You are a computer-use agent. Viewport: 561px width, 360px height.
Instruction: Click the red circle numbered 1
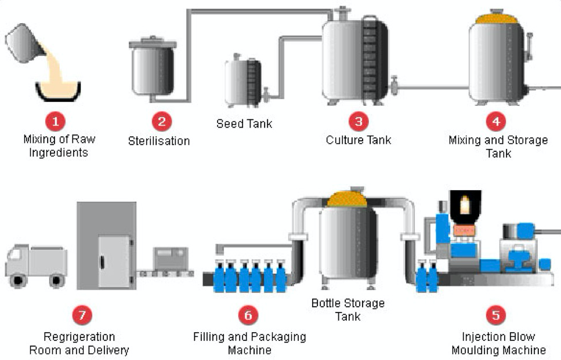pos(56,122)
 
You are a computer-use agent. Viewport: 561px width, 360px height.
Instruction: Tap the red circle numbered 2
pos(162,122)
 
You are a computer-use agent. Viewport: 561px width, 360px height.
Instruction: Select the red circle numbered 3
pos(359,122)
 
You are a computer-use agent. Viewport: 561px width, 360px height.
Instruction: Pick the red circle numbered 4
pos(496,122)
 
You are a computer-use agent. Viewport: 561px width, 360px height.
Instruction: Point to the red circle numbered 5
pos(496,315)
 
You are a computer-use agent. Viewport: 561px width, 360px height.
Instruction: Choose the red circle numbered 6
pos(248,315)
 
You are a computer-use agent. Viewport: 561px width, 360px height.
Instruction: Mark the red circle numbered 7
pos(82,315)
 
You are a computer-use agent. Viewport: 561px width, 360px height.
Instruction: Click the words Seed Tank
pos(244,123)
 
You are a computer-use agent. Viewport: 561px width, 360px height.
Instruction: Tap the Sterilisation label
pos(159,141)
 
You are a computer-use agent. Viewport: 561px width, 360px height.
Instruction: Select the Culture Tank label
pos(359,140)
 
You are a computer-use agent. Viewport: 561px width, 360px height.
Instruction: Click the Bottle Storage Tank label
pos(348,310)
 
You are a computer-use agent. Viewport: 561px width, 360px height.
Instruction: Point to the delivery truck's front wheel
pos(17,280)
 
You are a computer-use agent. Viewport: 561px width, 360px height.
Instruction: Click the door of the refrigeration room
pos(114,261)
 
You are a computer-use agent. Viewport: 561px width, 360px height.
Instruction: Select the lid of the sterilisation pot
pos(153,43)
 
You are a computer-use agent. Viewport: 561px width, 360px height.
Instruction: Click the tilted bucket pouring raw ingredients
pos(24,43)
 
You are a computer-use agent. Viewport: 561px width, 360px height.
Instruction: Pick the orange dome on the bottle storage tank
pos(347,199)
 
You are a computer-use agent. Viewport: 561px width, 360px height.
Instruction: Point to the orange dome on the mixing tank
pos(497,19)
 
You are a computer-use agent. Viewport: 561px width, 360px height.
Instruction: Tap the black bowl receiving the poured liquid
pos(58,92)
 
